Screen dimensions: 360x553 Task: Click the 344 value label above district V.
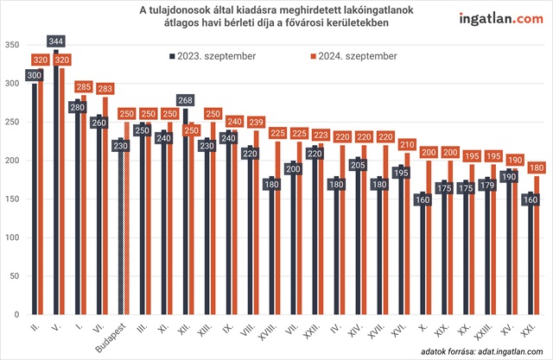coord(57,41)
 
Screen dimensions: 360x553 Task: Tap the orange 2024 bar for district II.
coord(40,199)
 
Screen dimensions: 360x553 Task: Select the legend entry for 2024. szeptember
coord(353,56)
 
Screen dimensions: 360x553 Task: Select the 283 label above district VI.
coord(106,88)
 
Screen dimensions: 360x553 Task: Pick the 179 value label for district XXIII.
coord(489,183)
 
